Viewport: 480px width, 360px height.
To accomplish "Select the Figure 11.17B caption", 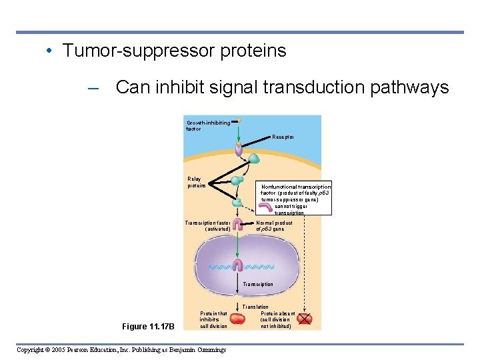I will [x=148, y=327].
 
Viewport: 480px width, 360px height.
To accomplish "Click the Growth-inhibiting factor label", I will [x=207, y=125].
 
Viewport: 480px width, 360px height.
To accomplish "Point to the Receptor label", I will [x=283, y=137].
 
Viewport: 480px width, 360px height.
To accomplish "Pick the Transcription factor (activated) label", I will [x=207, y=225].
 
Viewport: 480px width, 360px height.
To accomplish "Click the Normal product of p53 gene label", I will [x=274, y=225].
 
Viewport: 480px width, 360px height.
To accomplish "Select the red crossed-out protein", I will [x=304, y=319].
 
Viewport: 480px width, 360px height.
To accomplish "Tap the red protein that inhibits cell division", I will [x=238, y=319].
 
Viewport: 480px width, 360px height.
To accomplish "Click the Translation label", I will [x=255, y=307].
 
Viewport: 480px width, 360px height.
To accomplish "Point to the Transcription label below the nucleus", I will [x=257, y=285].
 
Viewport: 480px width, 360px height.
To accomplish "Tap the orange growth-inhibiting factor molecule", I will [x=239, y=121].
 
